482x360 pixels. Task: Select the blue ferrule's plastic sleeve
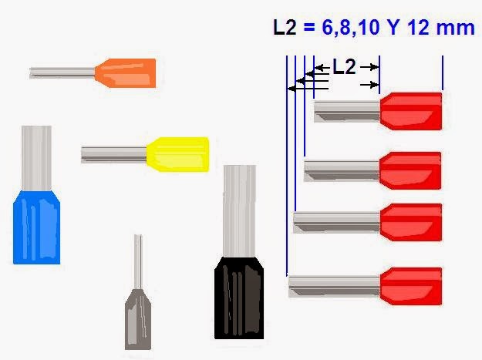(36, 227)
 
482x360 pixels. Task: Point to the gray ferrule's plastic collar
(138, 316)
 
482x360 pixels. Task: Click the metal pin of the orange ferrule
(62, 72)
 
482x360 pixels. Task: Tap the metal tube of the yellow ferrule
(113, 153)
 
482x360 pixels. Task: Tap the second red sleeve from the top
(411, 170)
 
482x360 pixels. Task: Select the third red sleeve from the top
(411, 222)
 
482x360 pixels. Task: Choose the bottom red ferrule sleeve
(411, 286)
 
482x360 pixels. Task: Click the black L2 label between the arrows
(344, 67)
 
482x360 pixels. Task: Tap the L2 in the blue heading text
(286, 28)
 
